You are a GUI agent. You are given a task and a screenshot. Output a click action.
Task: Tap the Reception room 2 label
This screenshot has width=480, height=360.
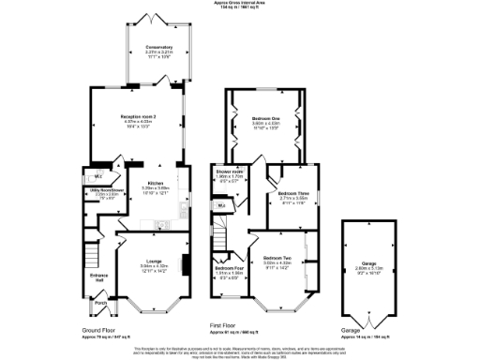point(138,116)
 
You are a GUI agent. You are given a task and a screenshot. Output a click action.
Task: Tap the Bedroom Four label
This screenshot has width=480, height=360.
point(230,269)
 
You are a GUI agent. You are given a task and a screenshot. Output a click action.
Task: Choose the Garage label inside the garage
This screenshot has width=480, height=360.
point(366,263)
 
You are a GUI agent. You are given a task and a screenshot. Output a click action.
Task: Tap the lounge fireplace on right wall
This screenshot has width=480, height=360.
point(186,263)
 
